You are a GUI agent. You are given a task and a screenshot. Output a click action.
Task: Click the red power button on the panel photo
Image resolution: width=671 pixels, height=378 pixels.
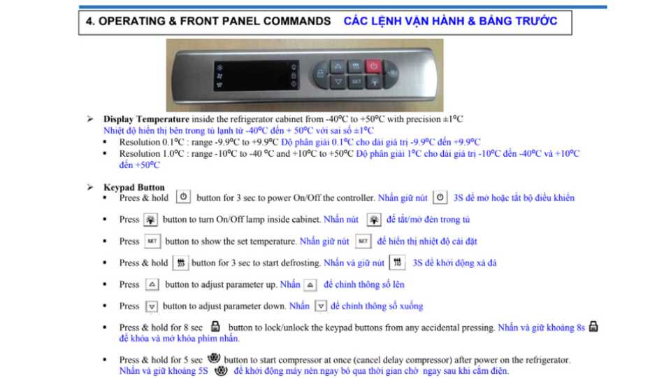pos(374,66)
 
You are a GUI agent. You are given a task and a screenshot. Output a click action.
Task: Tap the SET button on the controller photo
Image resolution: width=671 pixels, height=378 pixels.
pos(356,82)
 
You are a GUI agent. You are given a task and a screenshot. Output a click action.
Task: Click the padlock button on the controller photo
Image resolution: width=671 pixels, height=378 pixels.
pos(320,73)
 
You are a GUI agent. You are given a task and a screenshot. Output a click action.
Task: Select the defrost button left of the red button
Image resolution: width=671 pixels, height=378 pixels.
pos(356,66)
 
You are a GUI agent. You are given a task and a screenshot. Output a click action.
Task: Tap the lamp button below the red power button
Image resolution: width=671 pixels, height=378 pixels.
pos(374,82)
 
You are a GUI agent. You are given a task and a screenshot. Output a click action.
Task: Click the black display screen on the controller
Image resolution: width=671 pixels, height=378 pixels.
pos(257,74)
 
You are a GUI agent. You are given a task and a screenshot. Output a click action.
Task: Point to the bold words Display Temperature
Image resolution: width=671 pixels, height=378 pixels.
pos(146,119)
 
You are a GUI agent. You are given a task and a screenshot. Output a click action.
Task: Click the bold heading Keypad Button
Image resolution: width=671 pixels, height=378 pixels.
pos(134,188)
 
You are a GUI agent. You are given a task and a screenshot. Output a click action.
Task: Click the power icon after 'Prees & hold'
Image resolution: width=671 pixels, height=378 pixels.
pos(183,197)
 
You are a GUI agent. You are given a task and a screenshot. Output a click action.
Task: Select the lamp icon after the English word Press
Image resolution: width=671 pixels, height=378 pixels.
pos(150,220)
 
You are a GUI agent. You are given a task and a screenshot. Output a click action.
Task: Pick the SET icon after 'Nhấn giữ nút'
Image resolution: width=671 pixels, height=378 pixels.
pos(363,241)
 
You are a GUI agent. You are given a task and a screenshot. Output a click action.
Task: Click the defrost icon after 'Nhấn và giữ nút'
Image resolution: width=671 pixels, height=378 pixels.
pos(397,263)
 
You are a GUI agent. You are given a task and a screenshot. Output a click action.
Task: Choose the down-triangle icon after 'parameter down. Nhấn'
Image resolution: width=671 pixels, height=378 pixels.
pos(320,307)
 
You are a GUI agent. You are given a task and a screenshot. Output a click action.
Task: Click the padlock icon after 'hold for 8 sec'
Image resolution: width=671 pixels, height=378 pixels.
pos(215,327)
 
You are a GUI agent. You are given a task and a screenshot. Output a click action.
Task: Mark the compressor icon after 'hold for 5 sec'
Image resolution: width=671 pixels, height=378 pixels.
pos(214,359)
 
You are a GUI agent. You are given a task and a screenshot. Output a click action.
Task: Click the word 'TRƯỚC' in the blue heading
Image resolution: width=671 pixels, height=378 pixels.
pos(535,22)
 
